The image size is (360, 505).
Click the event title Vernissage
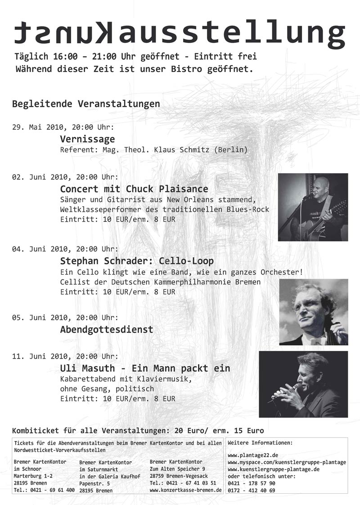point(87,139)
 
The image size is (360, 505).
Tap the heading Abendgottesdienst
point(107,329)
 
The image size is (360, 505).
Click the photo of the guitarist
point(313,207)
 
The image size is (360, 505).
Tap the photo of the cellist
point(313,312)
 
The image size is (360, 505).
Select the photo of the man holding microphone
point(303,384)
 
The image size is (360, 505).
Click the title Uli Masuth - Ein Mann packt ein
point(145,368)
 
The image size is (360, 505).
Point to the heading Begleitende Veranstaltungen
point(85,104)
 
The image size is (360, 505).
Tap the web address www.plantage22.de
point(253,455)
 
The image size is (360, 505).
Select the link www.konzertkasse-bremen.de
point(186,490)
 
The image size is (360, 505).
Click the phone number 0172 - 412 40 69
point(252,490)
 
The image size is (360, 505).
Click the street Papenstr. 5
point(94,483)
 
